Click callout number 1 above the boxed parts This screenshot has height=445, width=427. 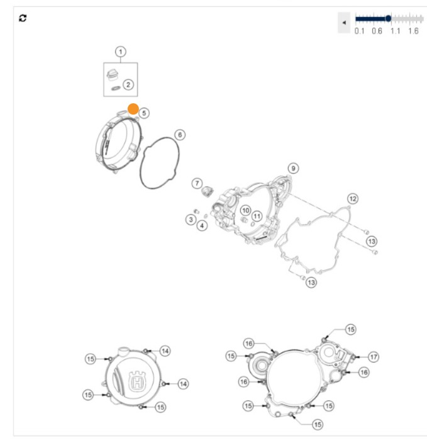[x=120, y=51]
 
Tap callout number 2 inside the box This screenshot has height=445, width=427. [x=128, y=84]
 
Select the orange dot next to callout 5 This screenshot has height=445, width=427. [x=133, y=109]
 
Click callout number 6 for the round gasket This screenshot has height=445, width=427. [x=180, y=135]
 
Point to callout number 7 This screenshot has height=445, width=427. [x=197, y=183]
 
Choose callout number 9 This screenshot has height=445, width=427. [x=293, y=167]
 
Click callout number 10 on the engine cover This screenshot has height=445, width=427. [x=245, y=210]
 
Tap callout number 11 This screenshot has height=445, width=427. [x=257, y=216]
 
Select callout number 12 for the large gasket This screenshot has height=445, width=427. [x=353, y=199]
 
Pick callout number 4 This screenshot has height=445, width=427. [x=202, y=225]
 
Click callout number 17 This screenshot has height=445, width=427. [x=374, y=357]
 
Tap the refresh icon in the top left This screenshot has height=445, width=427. [x=23, y=18]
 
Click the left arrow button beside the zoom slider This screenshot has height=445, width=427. [x=344, y=22]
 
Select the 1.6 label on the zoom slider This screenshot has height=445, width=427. [x=413, y=31]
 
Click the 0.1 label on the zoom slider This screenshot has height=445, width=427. [x=359, y=31]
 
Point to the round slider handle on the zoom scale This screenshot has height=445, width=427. [x=388, y=18]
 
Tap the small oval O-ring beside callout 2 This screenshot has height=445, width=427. [x=114, y=88]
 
